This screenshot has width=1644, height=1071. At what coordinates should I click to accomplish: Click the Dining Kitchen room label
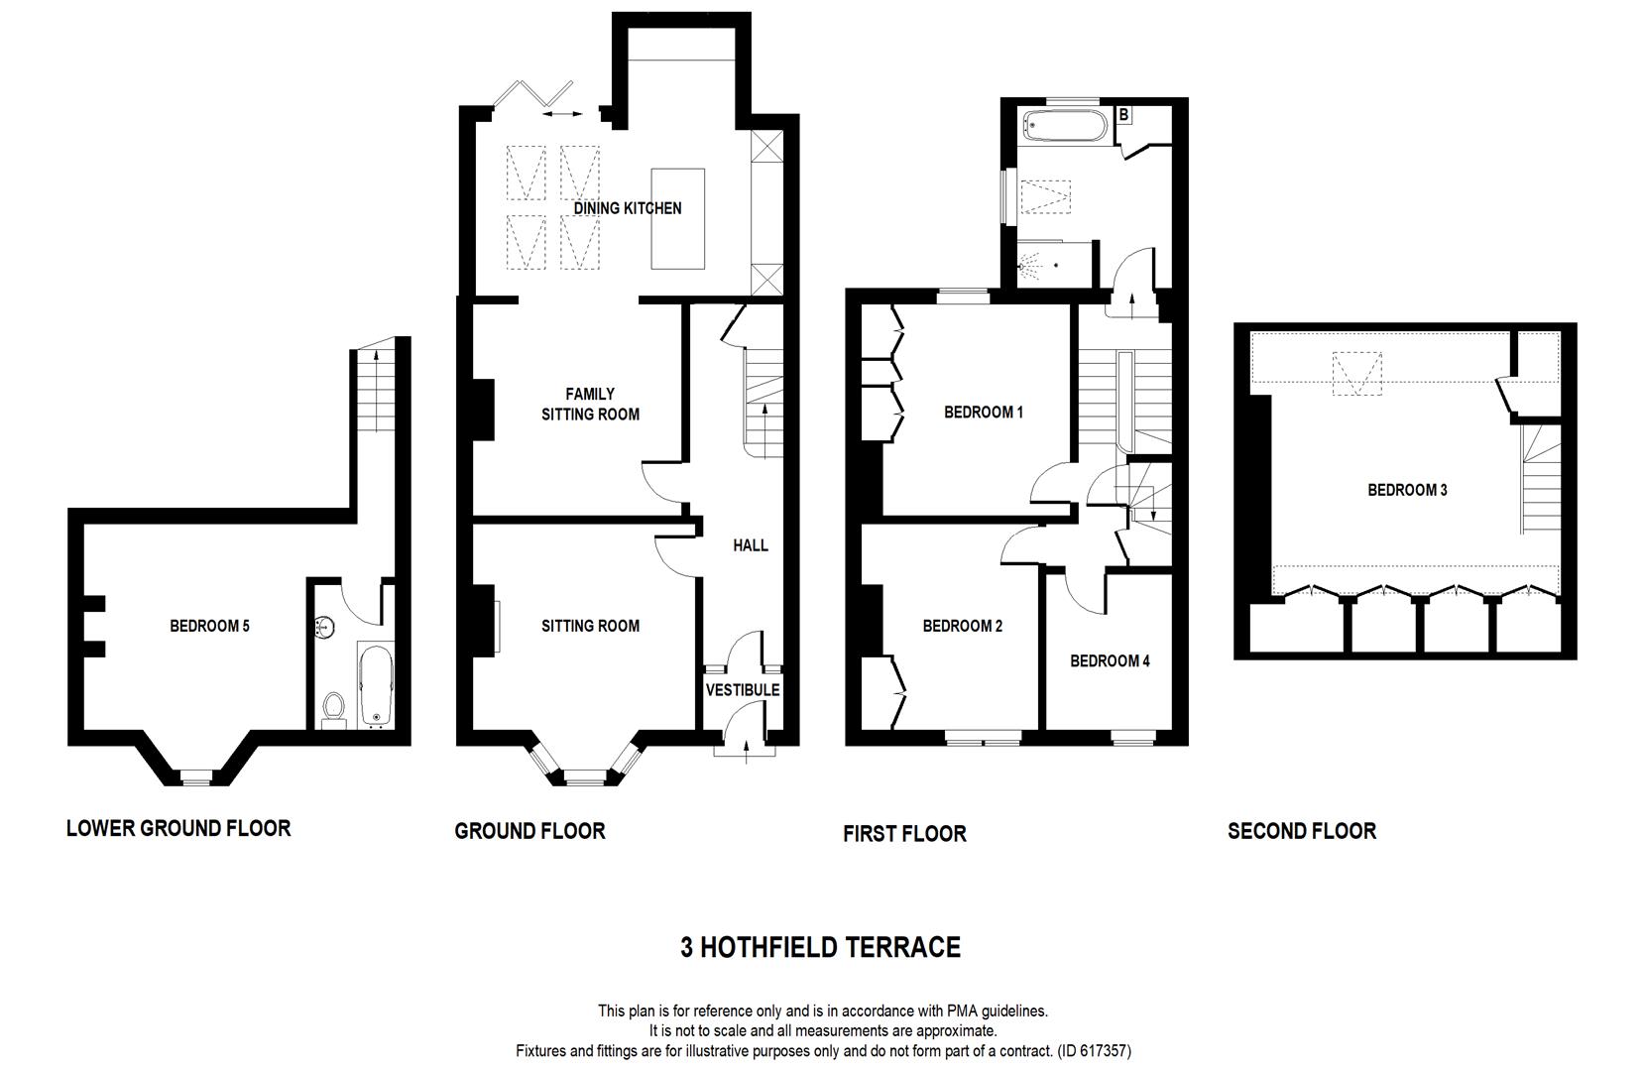pyautogui.click(x=627, y=208)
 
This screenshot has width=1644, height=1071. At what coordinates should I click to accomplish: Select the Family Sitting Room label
pyautogui.click(x=590, y=405)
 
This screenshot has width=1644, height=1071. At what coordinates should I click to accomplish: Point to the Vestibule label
pyautogui.click(x=743, y=689)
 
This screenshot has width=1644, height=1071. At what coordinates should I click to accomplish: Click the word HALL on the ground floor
pyautogui.click(x=751, y=545)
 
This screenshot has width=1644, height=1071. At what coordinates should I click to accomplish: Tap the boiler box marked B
pyautogui.click(x=1123, y=115)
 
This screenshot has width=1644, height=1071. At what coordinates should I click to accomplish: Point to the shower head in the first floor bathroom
pyautogui.click(x=1031, y=266)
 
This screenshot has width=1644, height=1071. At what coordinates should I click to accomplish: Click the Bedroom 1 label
pyautogui.click(x=983, y=412)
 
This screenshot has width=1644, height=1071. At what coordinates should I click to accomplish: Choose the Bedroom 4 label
pyautogui.click(x=1110, y=660)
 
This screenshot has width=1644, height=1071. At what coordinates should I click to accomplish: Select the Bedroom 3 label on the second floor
pyautogui.click(x=1407, y=490)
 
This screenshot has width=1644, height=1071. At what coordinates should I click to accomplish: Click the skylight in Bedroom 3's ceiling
pyautogui.click(x=1356, y=375)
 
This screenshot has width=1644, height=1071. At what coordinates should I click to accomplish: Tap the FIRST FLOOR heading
pyautogui.click(x=904, y=834)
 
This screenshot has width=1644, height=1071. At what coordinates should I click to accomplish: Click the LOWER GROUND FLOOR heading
pyautogui.click(x=178, y=828)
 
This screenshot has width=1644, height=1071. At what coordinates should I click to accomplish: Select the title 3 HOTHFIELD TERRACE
pyautogui.click(x=820, y=948)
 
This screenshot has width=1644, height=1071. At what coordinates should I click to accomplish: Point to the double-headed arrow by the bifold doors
pyautogui.click(x=563, y=115)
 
